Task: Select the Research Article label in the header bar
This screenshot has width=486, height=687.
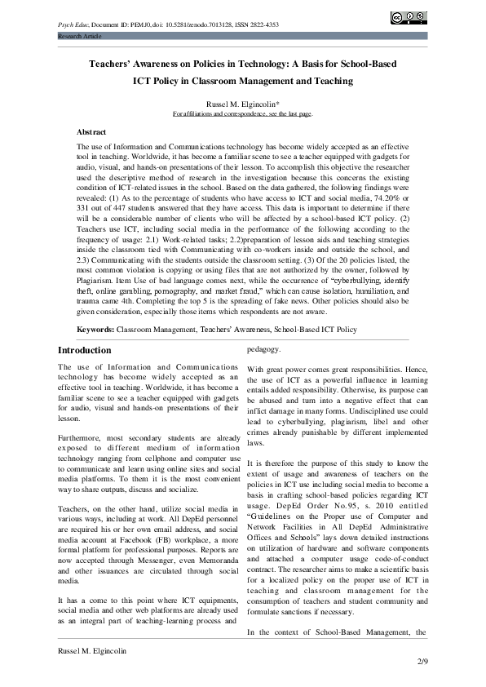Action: (x=78, y=38)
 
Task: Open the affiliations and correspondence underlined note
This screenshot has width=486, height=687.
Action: (x=242, y=114)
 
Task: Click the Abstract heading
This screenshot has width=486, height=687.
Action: (x=91, y=131)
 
